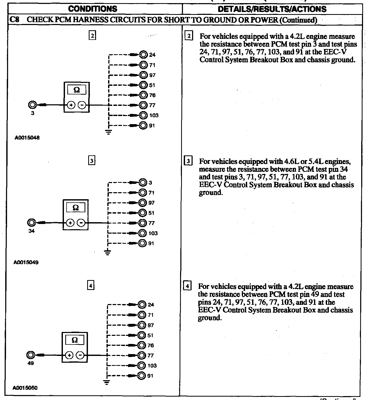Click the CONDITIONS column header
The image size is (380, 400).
(x=93, y=9)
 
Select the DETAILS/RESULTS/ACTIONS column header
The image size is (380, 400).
(x=272, y=9)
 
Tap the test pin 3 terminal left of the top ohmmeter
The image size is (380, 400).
(x=32, y=105)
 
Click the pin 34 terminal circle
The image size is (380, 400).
(x=31, y=223)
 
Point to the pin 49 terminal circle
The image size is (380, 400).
(x=31, y=355)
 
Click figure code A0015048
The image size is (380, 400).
(x=27, y=138)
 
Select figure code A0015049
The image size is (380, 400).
(x=26, y=262)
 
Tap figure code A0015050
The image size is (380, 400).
(x=25, y=388)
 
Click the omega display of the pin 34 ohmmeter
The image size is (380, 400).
(x=76, y=208)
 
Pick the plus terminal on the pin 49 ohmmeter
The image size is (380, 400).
(x=69, y=355)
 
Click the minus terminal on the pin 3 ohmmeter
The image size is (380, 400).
(x=82, y=105)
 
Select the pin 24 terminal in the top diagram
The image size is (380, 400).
(x=143, y=54)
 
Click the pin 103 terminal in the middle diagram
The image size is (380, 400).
(x=142, y=233)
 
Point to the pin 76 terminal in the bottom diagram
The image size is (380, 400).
(x=141, y=345)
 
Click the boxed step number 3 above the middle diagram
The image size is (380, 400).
(x=92, y=161)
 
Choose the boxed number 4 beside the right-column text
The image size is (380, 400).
(x=187, y=286)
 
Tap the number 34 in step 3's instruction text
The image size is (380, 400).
(x=344, y=169)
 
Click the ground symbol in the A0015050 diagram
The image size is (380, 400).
(x=106, y=383)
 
